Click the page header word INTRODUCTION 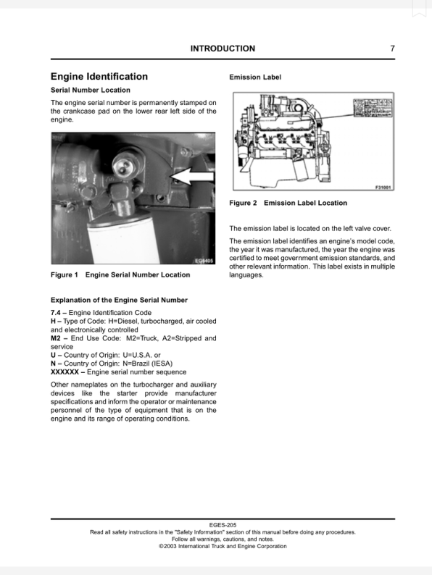tap(222, 49)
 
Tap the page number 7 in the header tap(392, 49)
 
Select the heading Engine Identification tap(99, 76)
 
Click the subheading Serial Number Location tap(91, 91)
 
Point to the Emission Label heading tap(255, 77)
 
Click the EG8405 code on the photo tap(204, 261)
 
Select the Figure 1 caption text tap(120, 274)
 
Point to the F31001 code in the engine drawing tap(383, 186)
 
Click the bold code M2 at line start tap(56, 338)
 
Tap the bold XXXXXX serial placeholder tap(66, 372)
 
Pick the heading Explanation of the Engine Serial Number tap(119, 300)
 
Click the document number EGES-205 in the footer tap(222, 524)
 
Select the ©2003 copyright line tap(222, 546)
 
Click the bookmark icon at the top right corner tap(419, 7)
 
